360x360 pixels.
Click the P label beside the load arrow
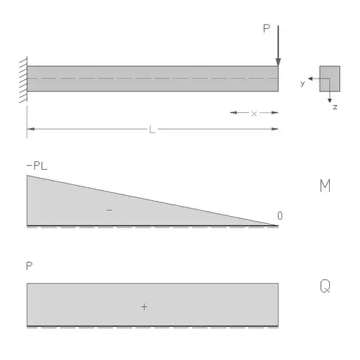[x=266, y=29]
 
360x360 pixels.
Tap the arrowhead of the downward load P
[x=278, y=62]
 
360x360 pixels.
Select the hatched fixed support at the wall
[x=23, y=80]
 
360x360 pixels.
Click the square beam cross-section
[x=330, y=78]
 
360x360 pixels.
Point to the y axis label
[x=302, y=84]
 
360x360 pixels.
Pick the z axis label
[x=335, y=107]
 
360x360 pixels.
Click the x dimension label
[x=253, y=114]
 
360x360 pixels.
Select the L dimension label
[x=152, y=130]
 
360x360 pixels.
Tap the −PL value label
[x=37, y=166]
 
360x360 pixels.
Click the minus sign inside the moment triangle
[x=109, y=210]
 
